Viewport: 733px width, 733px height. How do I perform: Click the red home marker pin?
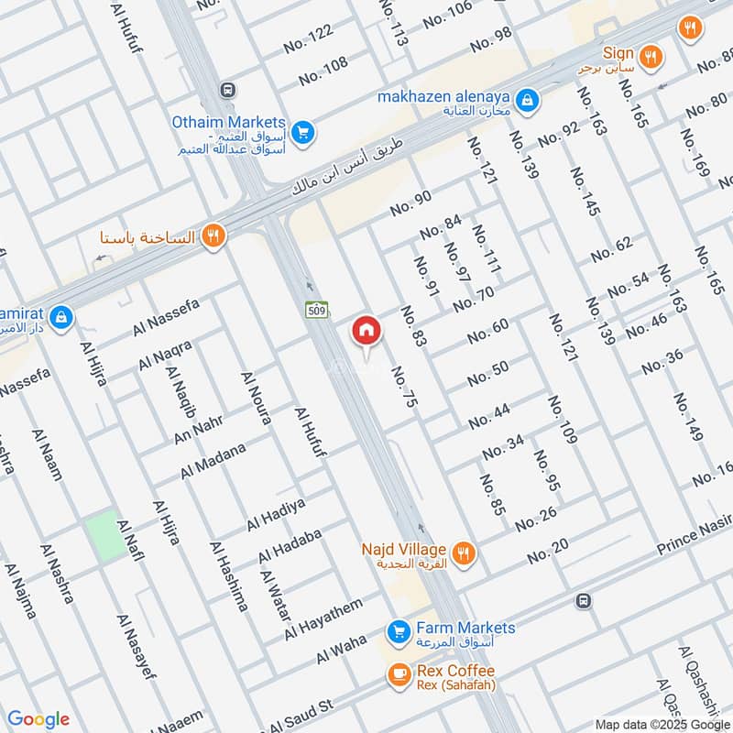click(x=366, y=332)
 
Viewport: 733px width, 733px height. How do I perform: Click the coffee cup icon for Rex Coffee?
click(x=399, y=675)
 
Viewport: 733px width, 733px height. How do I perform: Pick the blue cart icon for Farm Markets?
click(x=398, y=632)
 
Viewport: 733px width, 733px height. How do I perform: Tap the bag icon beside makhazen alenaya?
click(x=527, y=99)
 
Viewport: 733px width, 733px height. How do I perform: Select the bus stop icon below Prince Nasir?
click(x=582, y=601)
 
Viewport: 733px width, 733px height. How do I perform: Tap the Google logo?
click(x=38, y=719)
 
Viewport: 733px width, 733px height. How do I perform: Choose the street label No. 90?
click(x=410, y=204)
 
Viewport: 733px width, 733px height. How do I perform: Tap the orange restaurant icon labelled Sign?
click(x=651, y=55)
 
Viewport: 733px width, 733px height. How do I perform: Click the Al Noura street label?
click(x=256, y=399)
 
